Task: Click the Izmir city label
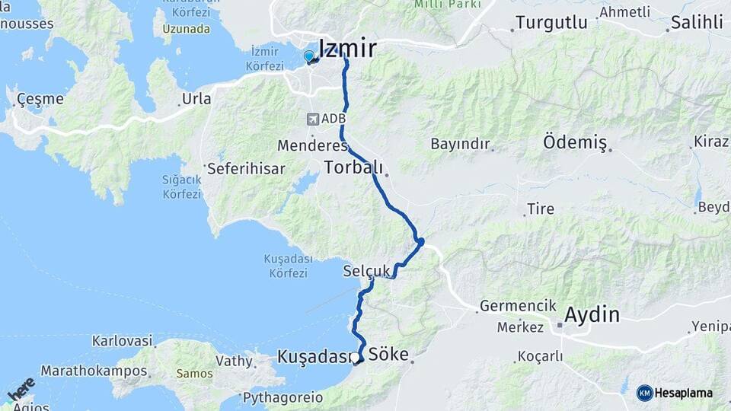(347, 49)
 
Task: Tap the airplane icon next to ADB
(312, 119)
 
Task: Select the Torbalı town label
(352, 167)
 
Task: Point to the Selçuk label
(366, 271)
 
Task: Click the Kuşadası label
(313, 356)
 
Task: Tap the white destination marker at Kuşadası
(355, 357)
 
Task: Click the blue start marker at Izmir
(308, 56)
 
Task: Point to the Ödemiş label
(575, 142)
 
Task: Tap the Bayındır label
(459, 144)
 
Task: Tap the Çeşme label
(40, 99)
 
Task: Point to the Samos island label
(194, 374)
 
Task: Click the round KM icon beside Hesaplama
(644, 393)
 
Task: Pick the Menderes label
(312, 145)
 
